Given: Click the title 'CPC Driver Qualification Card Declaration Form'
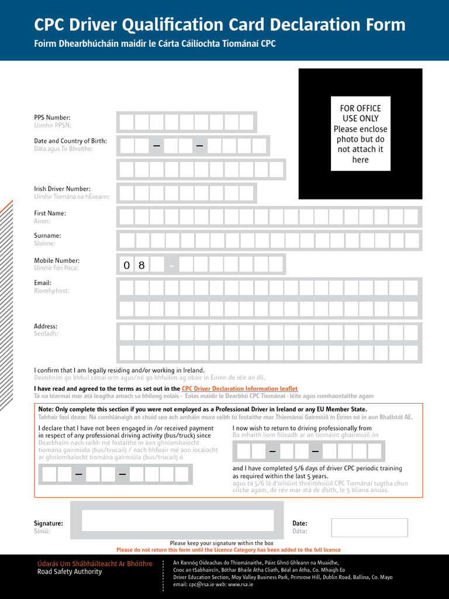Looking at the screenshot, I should click(x=219, y=25).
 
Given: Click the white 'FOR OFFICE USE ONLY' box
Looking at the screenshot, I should click(x=360, y=133).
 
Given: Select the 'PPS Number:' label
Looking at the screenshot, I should click(x=52, y=118).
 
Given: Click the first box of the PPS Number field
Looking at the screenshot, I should click(x=126, y=122).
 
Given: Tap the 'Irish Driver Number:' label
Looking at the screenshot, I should click(x=62, y=189).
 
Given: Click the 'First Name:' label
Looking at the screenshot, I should click(x=50, y=214).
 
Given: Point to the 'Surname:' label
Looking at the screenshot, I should click(x=47, y=236).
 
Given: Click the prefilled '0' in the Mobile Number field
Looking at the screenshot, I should click(x=126, y=266).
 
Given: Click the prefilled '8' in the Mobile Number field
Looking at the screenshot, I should click(x=141, y=266).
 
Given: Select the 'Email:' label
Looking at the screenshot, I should click(x=43, y=283).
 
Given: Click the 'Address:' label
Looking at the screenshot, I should click(x=46, y=326).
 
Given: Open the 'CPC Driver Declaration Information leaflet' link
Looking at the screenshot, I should click(x=240, y=388).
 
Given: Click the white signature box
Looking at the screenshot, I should click(x=178, y=520).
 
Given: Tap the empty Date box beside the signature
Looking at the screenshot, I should click(x=369, y=527).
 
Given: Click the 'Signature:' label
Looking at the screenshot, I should click(x=49, y=524).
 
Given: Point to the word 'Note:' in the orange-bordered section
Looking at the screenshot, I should click(x=46, y=409).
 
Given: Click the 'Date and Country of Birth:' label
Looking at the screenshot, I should click(x=70, y=141).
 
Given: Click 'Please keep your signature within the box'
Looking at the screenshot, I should click(x=222, y=543).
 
